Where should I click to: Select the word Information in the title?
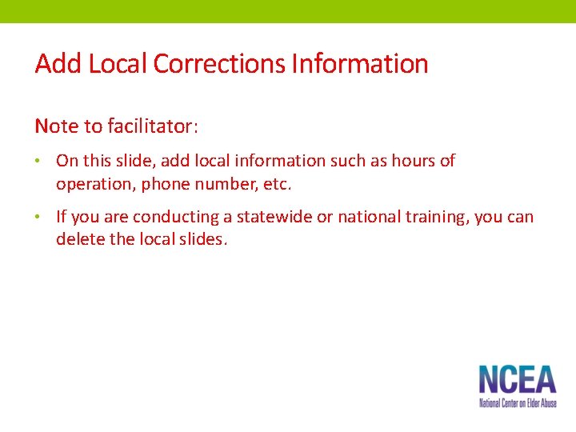point(359,64)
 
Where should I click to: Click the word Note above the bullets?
point(56,126)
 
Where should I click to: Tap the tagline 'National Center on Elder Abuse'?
point(518,403)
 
